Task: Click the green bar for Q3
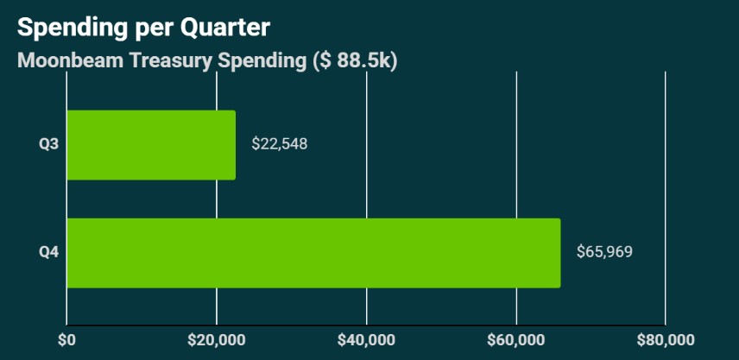(151, 145)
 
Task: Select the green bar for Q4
(313, 253)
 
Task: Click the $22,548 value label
(279, 144)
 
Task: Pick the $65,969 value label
(604, 253)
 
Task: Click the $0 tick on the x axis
(66, 338)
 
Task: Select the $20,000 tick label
(217, 338)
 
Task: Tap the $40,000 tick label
(367, 338)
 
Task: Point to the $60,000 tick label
(516, 338)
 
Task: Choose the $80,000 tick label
(666, 338)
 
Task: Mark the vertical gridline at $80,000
(666, 199)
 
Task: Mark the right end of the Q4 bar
(559, 253)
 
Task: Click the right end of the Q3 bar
(235, 145)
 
